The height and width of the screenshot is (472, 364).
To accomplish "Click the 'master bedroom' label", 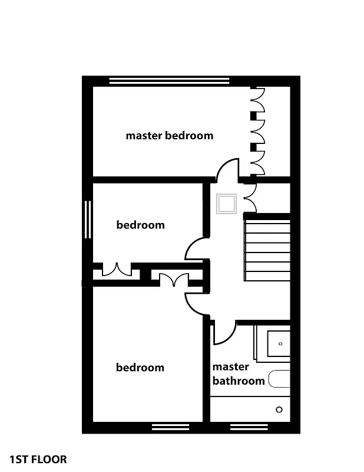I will [x=169, y=136].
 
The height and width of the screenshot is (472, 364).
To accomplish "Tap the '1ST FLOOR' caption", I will [x=38, y=459].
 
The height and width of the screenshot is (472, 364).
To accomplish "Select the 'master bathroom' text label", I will [x=239, y=374].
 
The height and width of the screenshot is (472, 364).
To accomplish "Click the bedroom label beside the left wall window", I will [x=140, y=225].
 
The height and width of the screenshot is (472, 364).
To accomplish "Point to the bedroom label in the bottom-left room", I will [x=140, y=368].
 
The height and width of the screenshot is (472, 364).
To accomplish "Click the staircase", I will [x=267, y=247].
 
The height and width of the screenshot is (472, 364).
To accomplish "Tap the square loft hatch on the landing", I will [x=227, y=204].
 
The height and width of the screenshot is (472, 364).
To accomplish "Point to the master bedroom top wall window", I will [x=168, y=81].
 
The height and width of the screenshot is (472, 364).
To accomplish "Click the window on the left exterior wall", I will [x=88, y=220].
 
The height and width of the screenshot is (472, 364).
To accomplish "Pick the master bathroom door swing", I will [x=222, y=333].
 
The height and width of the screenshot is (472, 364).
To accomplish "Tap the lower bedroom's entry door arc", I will [x=196, y=303].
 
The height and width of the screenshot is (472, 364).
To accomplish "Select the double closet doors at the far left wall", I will [x=115, y=271].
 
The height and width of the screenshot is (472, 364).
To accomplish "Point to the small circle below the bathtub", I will [x=279, y=409].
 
